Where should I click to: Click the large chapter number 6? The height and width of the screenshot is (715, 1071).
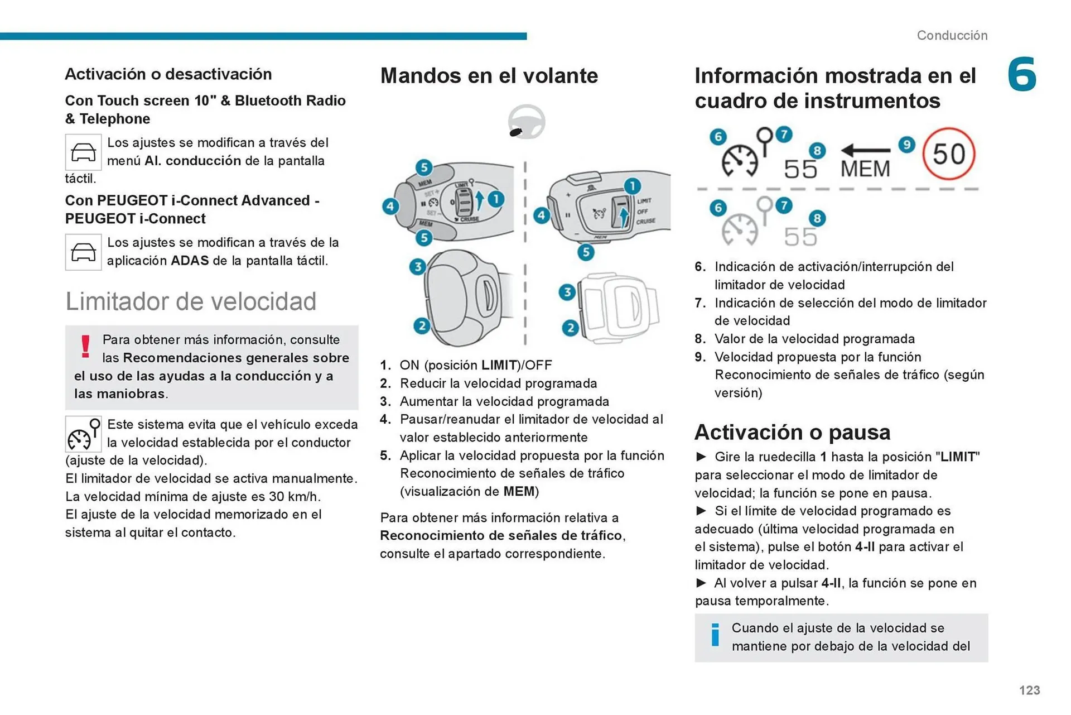1022,74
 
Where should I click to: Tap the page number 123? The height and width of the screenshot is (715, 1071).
1029,690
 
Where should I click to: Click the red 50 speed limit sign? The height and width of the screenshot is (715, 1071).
948,154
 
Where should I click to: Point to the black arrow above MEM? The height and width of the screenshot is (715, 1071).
866,150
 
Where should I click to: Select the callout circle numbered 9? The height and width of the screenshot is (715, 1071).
907,145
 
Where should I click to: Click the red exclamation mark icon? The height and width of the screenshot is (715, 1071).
85,347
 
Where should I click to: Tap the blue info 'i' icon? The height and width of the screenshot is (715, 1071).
715,635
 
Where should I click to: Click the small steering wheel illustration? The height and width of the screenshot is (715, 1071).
526,122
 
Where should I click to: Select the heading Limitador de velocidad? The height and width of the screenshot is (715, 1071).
191,301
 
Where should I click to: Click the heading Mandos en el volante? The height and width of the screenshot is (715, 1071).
489,76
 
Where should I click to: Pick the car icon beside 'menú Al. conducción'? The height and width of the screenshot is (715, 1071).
83,152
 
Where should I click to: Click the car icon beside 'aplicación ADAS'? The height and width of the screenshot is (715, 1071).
83,252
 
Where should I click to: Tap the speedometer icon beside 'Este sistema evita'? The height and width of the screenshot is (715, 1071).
83,434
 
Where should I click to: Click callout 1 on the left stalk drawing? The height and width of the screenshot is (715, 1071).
496,199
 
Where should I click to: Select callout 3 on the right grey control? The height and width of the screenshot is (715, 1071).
567,292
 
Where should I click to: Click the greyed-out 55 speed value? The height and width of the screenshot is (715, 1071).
800,237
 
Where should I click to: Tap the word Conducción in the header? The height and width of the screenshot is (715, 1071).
952,36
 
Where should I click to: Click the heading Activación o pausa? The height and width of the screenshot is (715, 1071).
792,433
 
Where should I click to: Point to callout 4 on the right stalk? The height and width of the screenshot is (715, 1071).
541,215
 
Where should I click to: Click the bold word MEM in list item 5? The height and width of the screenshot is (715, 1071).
519,492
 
